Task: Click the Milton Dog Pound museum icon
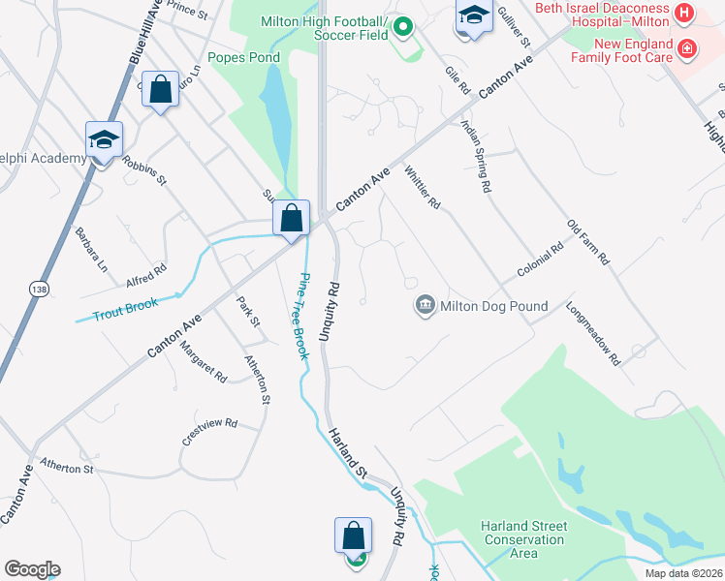coord(426,306)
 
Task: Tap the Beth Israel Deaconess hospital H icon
coord(685,13)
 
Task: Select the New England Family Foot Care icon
coord(686,48)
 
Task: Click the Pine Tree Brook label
coord(303,317)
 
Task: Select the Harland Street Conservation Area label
coord(524,539)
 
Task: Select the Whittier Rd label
coord(423,186)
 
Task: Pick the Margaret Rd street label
coord(203,361)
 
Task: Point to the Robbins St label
coord(145,169)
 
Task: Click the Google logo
coord(32,569)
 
